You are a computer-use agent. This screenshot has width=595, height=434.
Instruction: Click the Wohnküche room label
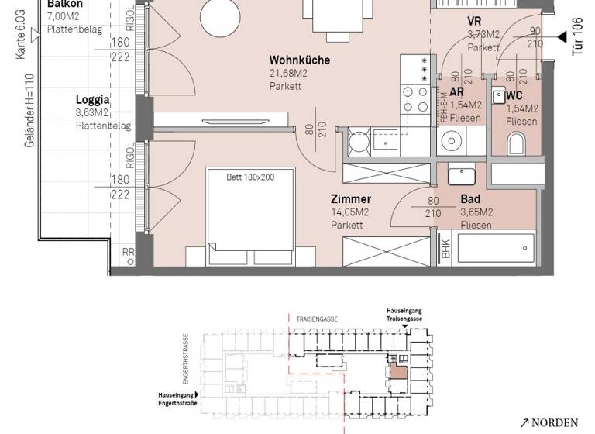pyautogui.click(x=300, y=60)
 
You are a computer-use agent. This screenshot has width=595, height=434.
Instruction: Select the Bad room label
pyautogui.click(x=469, y=198)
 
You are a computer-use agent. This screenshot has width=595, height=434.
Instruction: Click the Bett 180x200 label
pyautogui.click(x=250, y=176)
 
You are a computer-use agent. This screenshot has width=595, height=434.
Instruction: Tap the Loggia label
pyautogui.click(x=92, y=100)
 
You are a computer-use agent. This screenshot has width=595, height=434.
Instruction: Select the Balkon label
pyautogui.click(x=65, y=4)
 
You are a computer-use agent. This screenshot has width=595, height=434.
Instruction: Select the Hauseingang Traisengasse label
pyautogui.click(x=405, y=314)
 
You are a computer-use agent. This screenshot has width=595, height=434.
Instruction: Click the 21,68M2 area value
pyautogui.click(x=288, y=73)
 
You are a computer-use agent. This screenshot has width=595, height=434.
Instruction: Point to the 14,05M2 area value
pyautogui.click(x=349, y=212)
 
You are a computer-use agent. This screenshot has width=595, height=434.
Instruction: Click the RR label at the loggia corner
pyautogui.click(x=128, y=252)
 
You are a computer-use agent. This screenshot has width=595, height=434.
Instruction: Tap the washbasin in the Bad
pyautogui.click(x=463, y=175)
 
